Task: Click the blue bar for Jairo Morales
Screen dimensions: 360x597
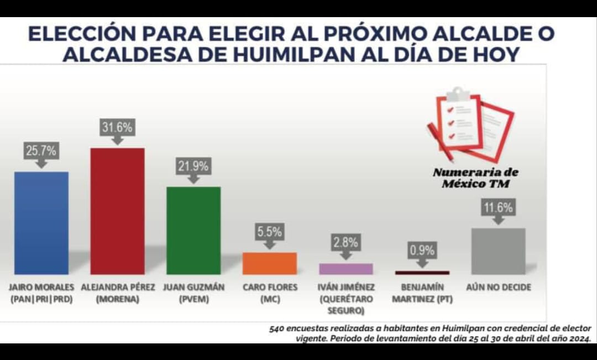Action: pos(41,222)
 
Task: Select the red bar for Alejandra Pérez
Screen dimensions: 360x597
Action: pos(117,211)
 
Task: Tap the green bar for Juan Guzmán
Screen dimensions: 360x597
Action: pos(193,230)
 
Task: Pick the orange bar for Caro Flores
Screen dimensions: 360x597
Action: pos(270,263)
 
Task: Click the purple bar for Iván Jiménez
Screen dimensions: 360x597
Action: pos(346,269)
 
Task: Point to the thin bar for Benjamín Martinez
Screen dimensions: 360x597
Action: pos(422,273)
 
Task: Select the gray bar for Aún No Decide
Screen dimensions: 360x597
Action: pos(498,251)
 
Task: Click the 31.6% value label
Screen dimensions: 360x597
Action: pos(117,128)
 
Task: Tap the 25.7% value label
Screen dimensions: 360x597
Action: pos(41,151)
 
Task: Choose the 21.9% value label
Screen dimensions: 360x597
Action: pos(193,166)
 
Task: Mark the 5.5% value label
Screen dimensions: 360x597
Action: pos(270,232)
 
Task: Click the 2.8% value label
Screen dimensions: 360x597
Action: pos(346,242)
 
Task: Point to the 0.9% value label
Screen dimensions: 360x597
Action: pos(422,251)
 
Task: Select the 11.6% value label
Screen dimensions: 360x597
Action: pos(498,208)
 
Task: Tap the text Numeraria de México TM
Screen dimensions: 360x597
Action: pos(475,178)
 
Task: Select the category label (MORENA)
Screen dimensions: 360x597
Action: pos(118,299)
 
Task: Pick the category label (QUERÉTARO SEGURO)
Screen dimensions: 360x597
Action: pos(347,304)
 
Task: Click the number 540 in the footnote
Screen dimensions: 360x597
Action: pos(277,328)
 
